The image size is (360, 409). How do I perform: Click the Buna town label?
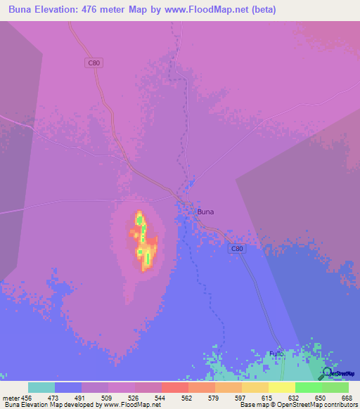click(205, 211)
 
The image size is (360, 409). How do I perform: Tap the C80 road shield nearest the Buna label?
click(236, 249)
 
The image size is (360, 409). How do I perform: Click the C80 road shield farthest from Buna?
click(94, 63)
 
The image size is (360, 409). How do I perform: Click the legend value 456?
click(29, 397)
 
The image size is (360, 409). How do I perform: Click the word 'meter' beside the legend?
click(11, 397)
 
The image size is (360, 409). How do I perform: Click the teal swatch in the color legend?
click(41, 387)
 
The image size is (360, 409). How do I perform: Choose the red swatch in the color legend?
click(175, 387)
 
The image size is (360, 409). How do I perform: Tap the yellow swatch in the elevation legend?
click(282, 387)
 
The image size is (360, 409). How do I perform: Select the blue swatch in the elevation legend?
click(68, 387)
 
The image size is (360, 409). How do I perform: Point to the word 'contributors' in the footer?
click(339, 405)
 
